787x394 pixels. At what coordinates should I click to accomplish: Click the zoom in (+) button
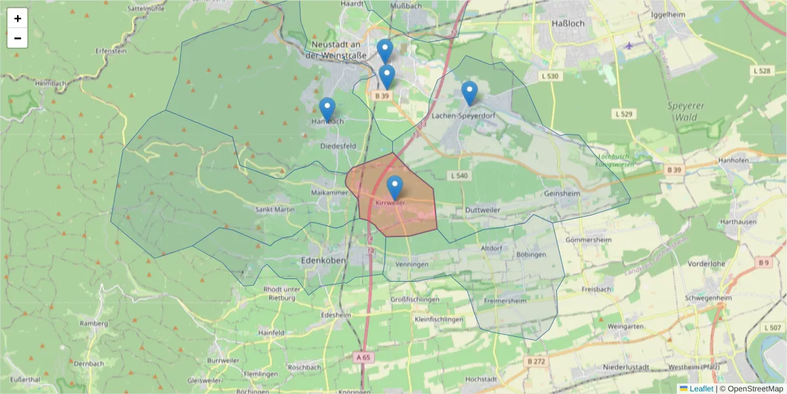pos(18,18)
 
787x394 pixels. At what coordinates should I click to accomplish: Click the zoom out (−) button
pos(18,38)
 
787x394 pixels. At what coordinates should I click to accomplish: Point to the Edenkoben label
pos(322,260)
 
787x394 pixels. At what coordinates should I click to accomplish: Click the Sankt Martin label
pos(275,209)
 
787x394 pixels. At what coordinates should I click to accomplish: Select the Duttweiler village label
pos(482,209)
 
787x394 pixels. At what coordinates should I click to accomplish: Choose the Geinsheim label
pos(562,194)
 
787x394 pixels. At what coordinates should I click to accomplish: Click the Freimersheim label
pos(505,301)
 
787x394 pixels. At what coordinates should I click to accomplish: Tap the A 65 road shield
pos(363,357)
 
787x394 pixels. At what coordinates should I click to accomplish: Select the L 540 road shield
pos(459,176)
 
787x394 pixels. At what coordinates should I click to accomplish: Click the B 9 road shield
pos(763,263)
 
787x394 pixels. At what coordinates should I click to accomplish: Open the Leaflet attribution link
pos(701,389)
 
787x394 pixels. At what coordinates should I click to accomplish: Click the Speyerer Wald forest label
pos(686,112)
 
